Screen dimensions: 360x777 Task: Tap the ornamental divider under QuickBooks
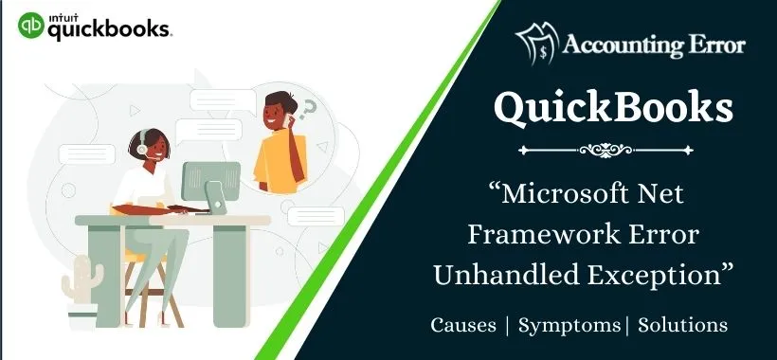(x=613, y=149)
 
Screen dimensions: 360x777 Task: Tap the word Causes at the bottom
(x=463, y=325)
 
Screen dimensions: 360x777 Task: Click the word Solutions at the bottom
(x=683, y=325)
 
